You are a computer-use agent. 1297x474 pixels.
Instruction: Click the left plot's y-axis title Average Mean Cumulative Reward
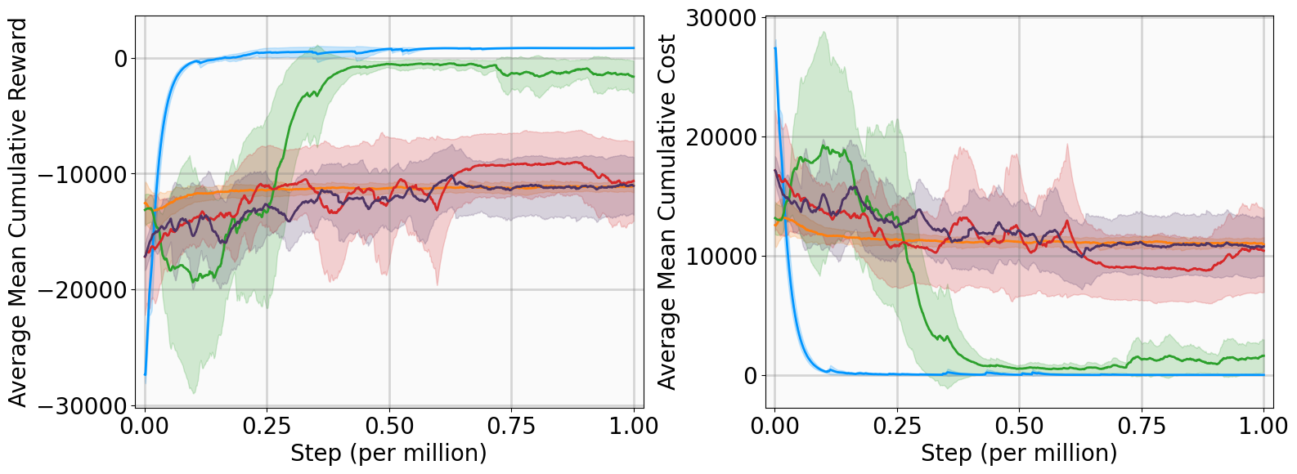(x=18, y=212)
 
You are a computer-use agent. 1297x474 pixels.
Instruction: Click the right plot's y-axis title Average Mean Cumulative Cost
(x=667, y=212)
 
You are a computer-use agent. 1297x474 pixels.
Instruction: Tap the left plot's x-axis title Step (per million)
(x=388, y=453)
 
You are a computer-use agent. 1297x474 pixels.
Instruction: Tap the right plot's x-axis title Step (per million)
(x=1019, y=453)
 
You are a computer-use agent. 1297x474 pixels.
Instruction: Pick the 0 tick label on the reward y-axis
(x=121, y=59)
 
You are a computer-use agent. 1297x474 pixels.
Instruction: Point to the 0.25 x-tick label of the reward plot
(x=267, y=426)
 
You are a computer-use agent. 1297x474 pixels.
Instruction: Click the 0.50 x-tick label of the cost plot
(x=1019, y=426)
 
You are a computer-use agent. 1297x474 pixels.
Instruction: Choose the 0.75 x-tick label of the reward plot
(x=511, y=426)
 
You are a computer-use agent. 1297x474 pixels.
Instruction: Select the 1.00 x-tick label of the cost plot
(x=1263, y=426)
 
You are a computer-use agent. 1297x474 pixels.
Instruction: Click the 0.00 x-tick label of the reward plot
(x=145, y=426)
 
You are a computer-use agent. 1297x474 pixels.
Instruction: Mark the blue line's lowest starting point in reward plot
(x=146, y=374)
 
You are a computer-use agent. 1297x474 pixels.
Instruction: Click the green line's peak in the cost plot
(x=824, y=147)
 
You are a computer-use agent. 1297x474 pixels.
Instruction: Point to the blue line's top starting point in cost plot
(x=775, y=49)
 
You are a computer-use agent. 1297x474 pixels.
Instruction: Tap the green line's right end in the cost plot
(x=1263, y=355)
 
